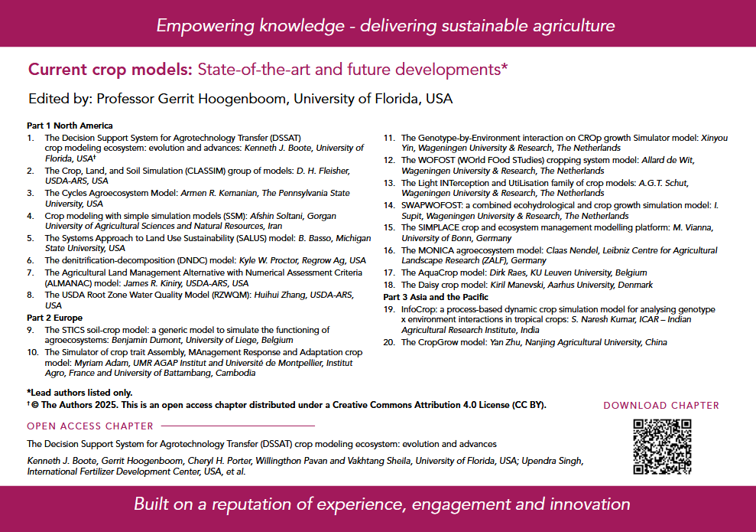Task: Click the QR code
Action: point(662,446)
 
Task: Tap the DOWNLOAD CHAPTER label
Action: point(661,406)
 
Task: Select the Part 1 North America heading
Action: point(70,126)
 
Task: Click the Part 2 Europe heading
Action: point(54,317)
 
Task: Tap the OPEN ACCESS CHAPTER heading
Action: point(90,426)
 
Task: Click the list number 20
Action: point(388,342)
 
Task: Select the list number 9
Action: point(31,330)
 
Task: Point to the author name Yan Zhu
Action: point(508,342)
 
